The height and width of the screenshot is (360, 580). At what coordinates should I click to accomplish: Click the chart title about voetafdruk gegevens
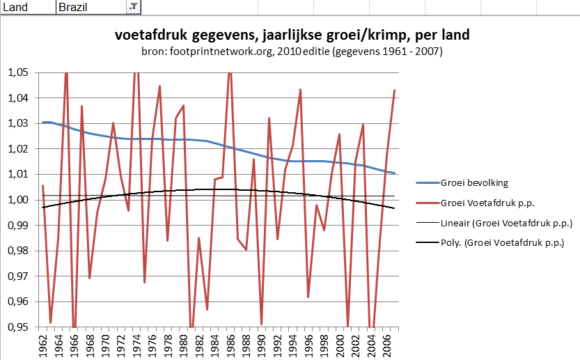291,36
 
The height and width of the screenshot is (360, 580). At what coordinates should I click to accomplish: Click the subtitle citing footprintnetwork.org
291,52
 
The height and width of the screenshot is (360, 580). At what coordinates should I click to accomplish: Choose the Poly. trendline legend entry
502,243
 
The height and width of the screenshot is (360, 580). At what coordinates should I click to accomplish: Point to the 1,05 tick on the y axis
18,72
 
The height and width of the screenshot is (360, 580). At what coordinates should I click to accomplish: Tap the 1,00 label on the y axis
18,200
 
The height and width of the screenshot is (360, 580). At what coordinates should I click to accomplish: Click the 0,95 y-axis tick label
18,327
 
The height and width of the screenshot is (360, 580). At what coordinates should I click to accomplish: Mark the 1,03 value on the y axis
18,123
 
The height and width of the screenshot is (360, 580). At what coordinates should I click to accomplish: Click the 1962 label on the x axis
43,344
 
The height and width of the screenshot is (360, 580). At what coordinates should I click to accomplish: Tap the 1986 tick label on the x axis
230,344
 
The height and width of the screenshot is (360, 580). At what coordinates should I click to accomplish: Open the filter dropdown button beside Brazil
133,7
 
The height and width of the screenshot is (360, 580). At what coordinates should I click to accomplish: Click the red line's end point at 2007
395,91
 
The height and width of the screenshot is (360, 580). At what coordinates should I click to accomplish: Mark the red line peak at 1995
301,90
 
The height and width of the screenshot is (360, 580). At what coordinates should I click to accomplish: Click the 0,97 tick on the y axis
18,276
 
